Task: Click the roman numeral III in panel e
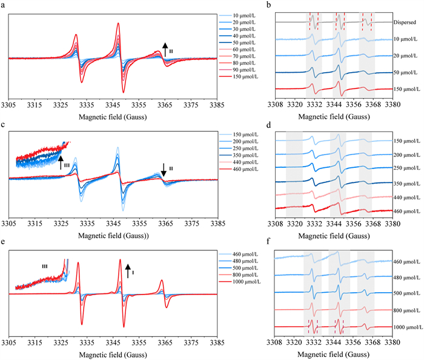(44, 265)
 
